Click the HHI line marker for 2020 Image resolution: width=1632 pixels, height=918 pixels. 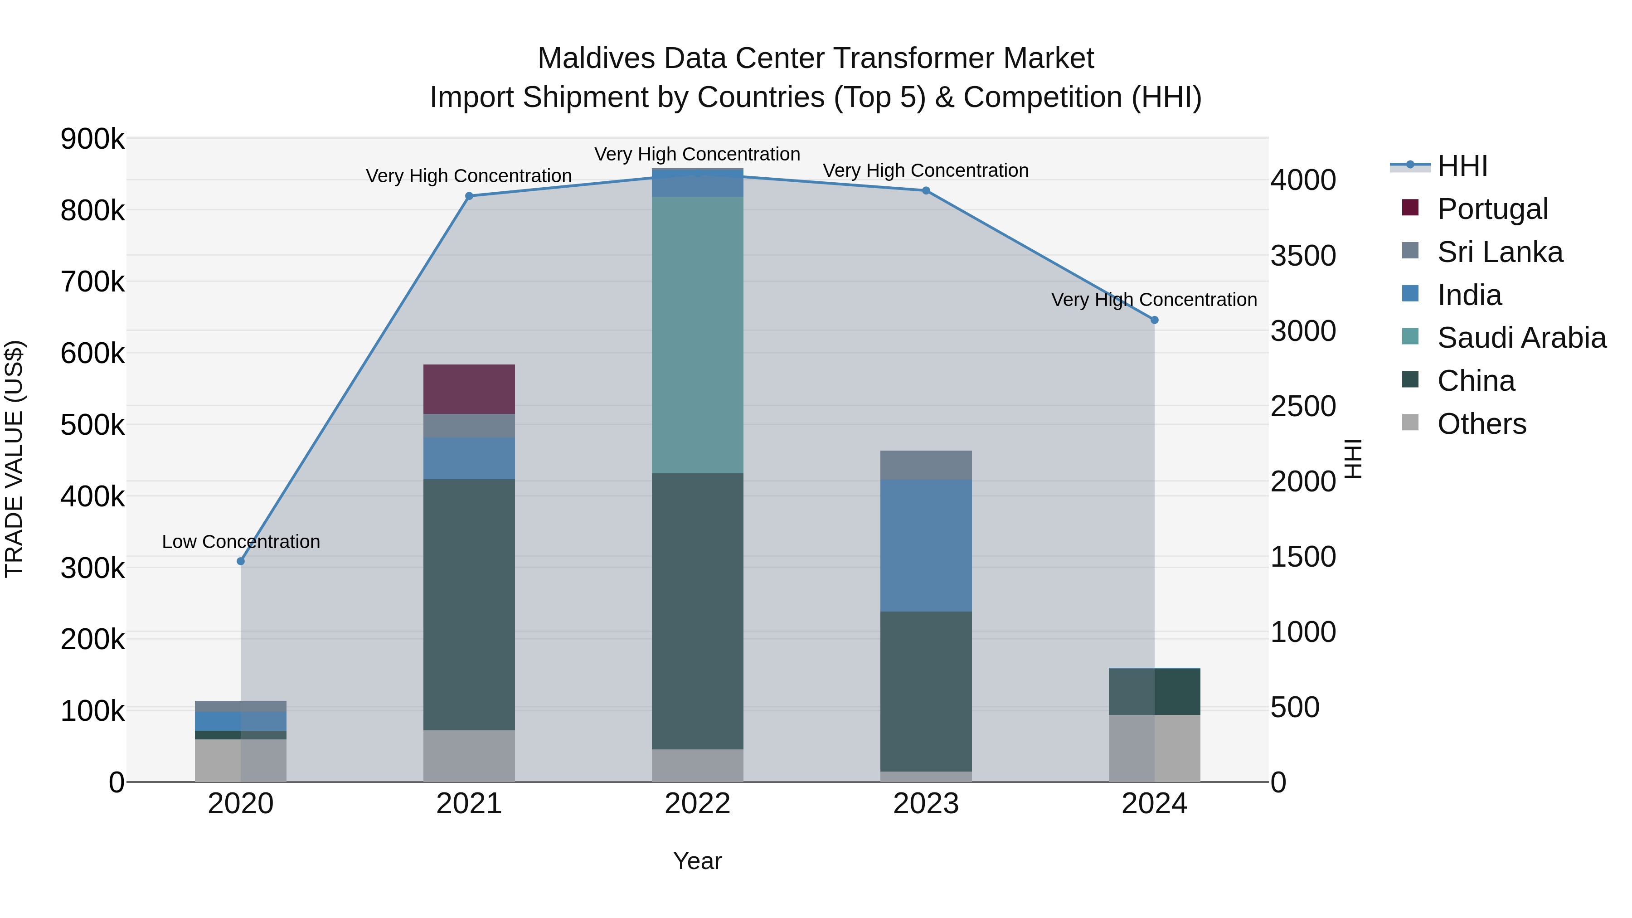click(241, 561)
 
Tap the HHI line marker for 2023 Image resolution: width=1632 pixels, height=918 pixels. click(926, 191)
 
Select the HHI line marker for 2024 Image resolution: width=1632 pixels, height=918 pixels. click(1154, 321)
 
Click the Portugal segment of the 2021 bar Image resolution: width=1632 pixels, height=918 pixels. click(469, 389)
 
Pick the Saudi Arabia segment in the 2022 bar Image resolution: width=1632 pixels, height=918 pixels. click(698, 335)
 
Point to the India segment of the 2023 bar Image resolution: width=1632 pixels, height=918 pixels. click(926, 545)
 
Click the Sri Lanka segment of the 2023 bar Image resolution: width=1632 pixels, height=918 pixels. click(926, 465)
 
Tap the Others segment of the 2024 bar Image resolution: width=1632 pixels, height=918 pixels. click(1154, 748)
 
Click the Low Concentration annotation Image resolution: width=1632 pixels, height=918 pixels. click(241, 542)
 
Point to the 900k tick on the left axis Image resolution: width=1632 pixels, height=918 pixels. click(92, 139)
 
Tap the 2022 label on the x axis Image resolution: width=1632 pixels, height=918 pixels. click(698, 804)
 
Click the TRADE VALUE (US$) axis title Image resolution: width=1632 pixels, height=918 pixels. click(14, 459)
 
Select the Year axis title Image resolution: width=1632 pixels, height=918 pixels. click(698, 861)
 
